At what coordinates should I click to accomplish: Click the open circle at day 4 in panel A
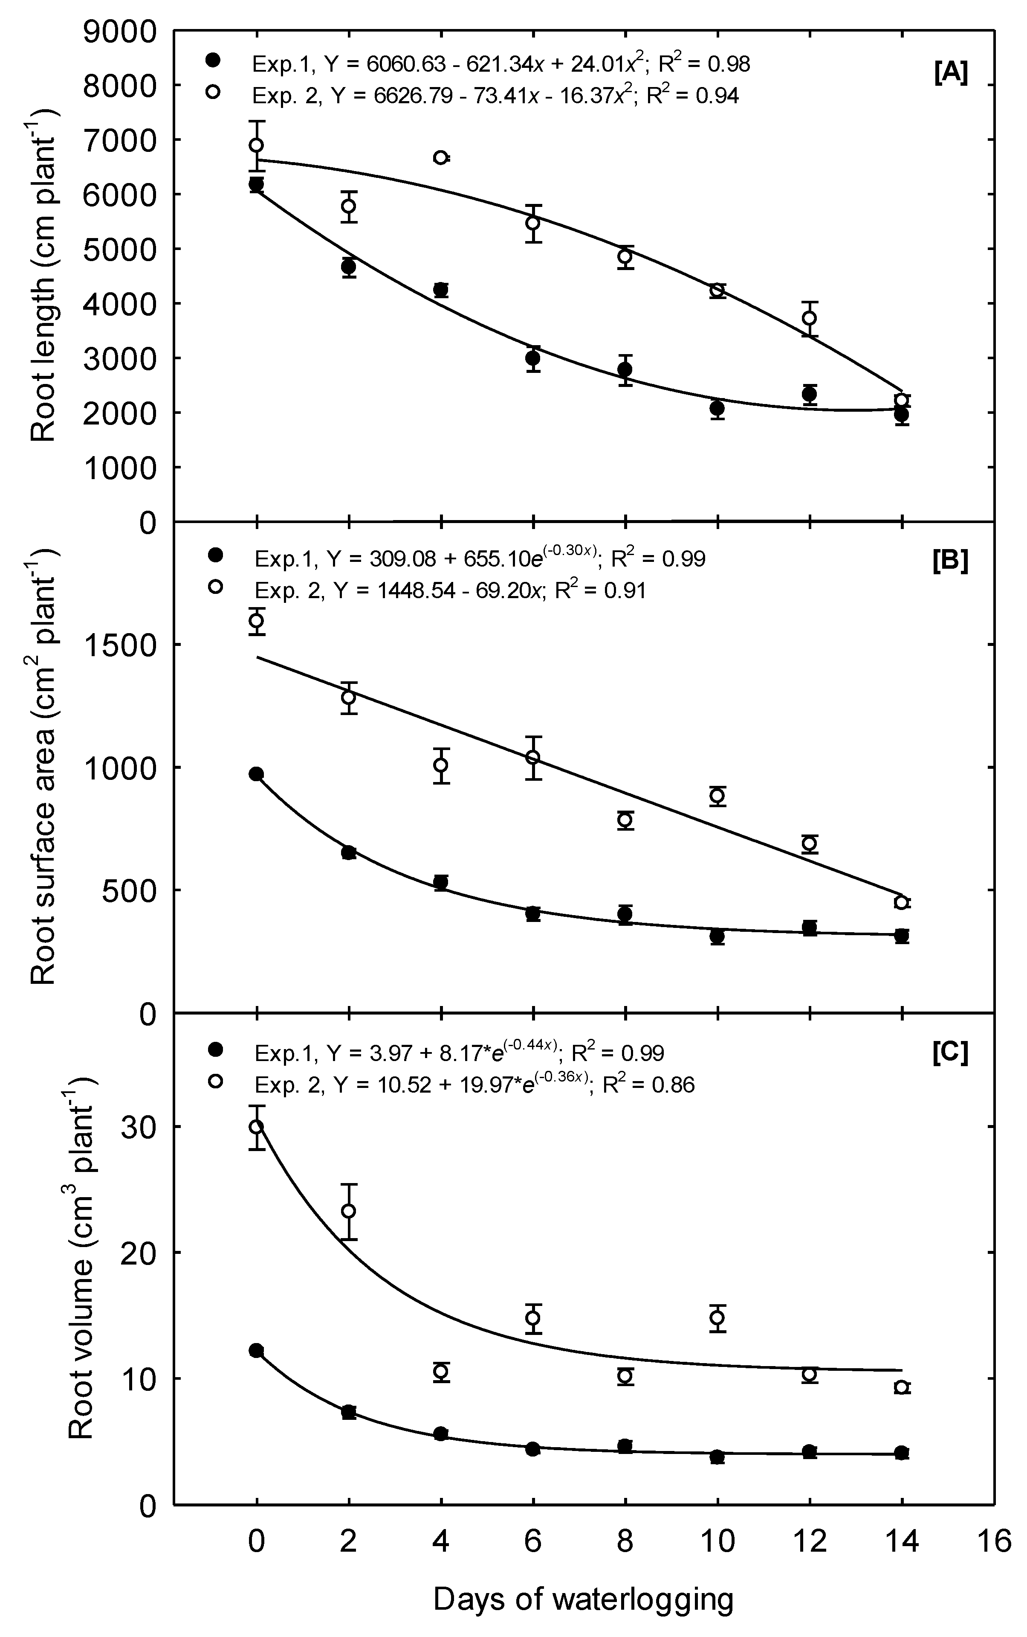(441, 158)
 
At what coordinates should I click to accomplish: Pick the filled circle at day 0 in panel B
(257, 774)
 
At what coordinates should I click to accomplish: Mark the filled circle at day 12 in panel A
(810, 393)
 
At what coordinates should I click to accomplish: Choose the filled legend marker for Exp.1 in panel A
(214, 61)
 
